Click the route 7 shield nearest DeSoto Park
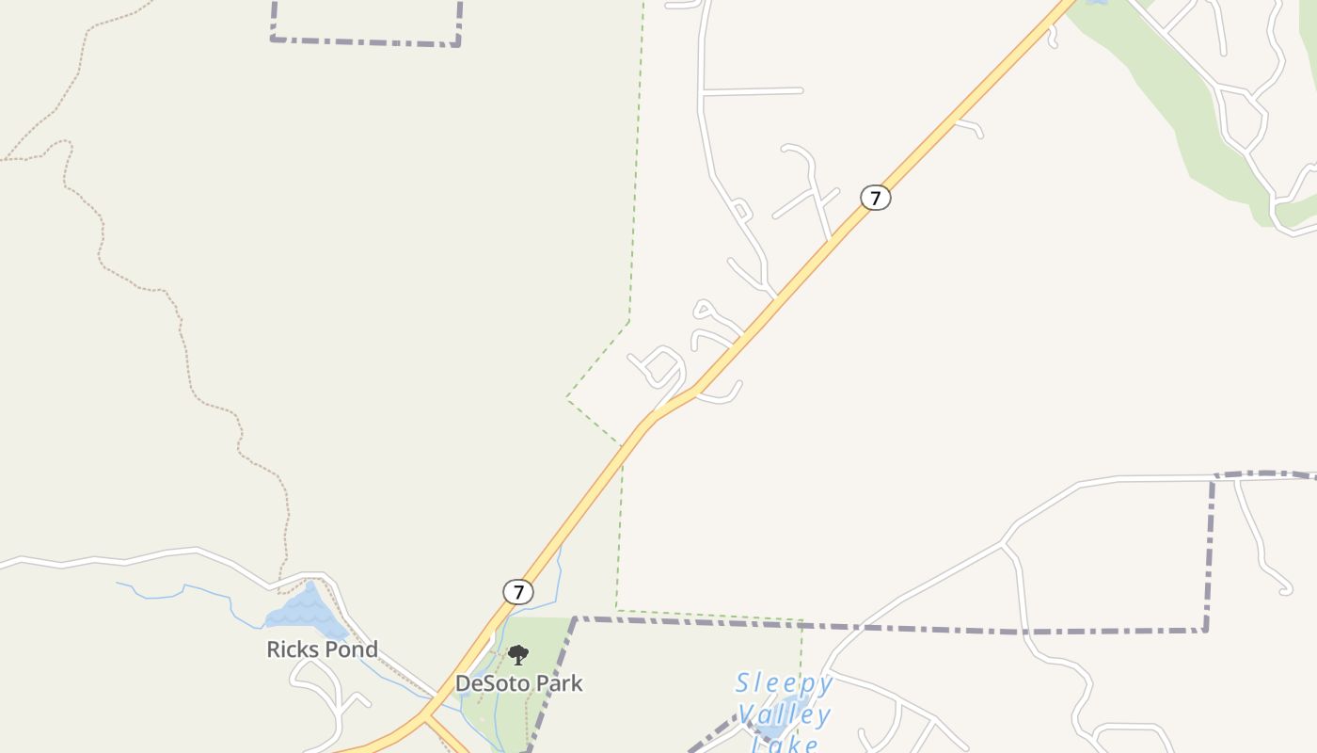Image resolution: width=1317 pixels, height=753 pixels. pos(518,592)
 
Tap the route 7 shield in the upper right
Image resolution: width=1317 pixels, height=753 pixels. pos(876,198)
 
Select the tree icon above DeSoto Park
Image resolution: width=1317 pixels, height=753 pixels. pos(518,655)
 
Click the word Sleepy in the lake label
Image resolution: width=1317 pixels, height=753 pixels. pos(784,683)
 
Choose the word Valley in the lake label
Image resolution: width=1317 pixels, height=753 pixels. pos(784,715)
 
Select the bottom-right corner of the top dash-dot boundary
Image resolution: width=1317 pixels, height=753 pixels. pos(458,43)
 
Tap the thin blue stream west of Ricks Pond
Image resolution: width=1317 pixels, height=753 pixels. pos(188,589)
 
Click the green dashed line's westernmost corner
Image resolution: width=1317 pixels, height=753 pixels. pos(566,398)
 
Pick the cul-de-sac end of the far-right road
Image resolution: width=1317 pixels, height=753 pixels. pos(1285,590)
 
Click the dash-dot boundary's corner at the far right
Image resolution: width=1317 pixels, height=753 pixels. pos(1206,630)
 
